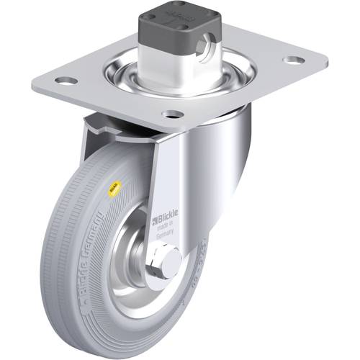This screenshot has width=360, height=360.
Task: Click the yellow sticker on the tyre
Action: (112, 191)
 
